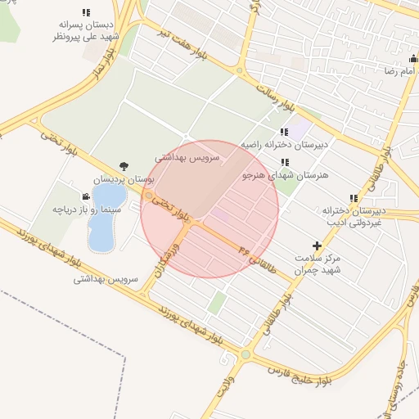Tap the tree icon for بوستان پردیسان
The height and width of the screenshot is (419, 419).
coord(124,165)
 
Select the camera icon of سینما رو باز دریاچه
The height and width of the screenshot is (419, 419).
coord(85,196)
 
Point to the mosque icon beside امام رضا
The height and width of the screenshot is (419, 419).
coord(413,60)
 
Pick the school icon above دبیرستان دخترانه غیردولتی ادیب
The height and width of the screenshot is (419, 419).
coord(354,198)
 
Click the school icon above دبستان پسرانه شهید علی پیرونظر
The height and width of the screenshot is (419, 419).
coord(86,12)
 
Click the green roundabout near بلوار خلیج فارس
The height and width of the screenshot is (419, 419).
coord(245,354)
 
